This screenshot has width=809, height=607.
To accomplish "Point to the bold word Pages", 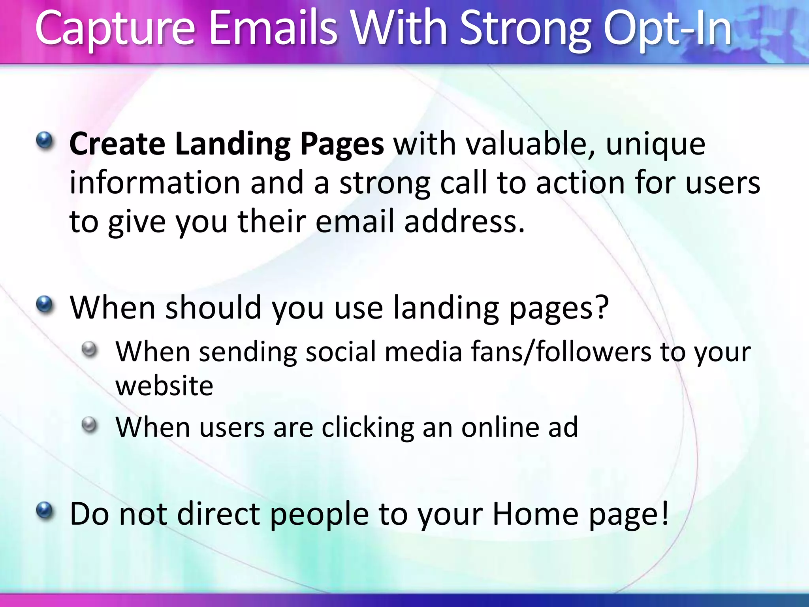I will [342, 144].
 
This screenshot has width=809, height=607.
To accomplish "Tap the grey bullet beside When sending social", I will [90, 349].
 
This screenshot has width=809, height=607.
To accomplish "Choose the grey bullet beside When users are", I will [90, 425].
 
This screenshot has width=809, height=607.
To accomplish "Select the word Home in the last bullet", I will [535, 514].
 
